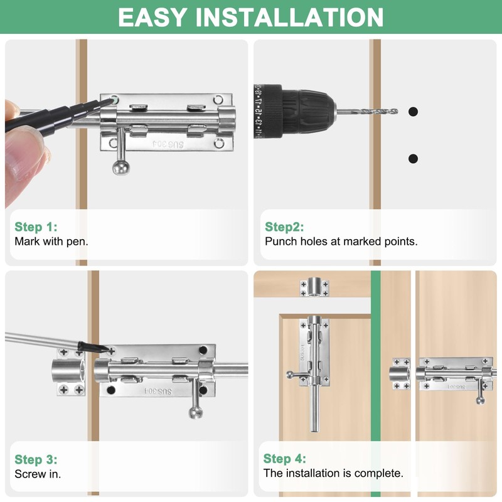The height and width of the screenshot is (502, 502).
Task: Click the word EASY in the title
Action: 152,17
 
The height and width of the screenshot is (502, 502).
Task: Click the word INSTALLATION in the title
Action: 289,17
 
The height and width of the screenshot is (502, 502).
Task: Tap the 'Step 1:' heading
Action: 36,227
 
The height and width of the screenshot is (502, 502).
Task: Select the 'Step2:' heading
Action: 284,227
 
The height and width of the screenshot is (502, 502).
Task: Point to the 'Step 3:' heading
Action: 36,459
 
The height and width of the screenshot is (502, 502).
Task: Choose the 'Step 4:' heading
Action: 285,459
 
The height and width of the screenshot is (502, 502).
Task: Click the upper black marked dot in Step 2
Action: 413,112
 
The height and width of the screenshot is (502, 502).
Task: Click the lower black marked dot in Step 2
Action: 413,159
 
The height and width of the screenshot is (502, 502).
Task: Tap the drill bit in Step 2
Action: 367,112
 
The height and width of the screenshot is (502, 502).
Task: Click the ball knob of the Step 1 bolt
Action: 121,167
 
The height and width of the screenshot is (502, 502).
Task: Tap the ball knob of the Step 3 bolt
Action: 196,412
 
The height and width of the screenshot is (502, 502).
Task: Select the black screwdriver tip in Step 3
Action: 93,348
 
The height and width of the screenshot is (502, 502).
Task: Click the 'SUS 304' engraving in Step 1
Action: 168,144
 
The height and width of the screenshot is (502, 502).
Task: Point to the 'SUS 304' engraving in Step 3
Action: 158,391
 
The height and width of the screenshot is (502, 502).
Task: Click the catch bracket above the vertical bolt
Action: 314,287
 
